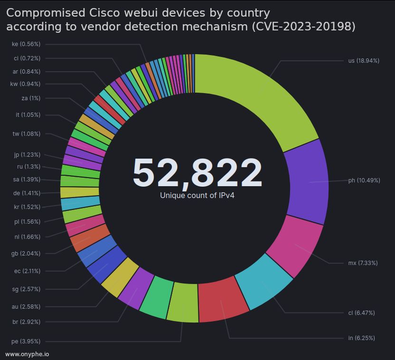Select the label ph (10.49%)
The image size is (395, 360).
point(364,180)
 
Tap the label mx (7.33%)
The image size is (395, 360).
point(363,263)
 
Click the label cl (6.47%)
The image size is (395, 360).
point(361,313)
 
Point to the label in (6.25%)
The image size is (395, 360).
point(361,338)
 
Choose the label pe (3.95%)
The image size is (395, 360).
point(26,341)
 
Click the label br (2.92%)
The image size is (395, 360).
point(26,322)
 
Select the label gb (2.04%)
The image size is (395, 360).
point(26,254)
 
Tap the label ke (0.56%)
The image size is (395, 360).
point(26,44)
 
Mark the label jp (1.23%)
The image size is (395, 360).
point(27,155)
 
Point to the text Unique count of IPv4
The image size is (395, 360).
point(197,195)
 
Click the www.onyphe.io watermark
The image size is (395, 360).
point(27,354)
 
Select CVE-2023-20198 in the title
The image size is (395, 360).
point(302,27)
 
